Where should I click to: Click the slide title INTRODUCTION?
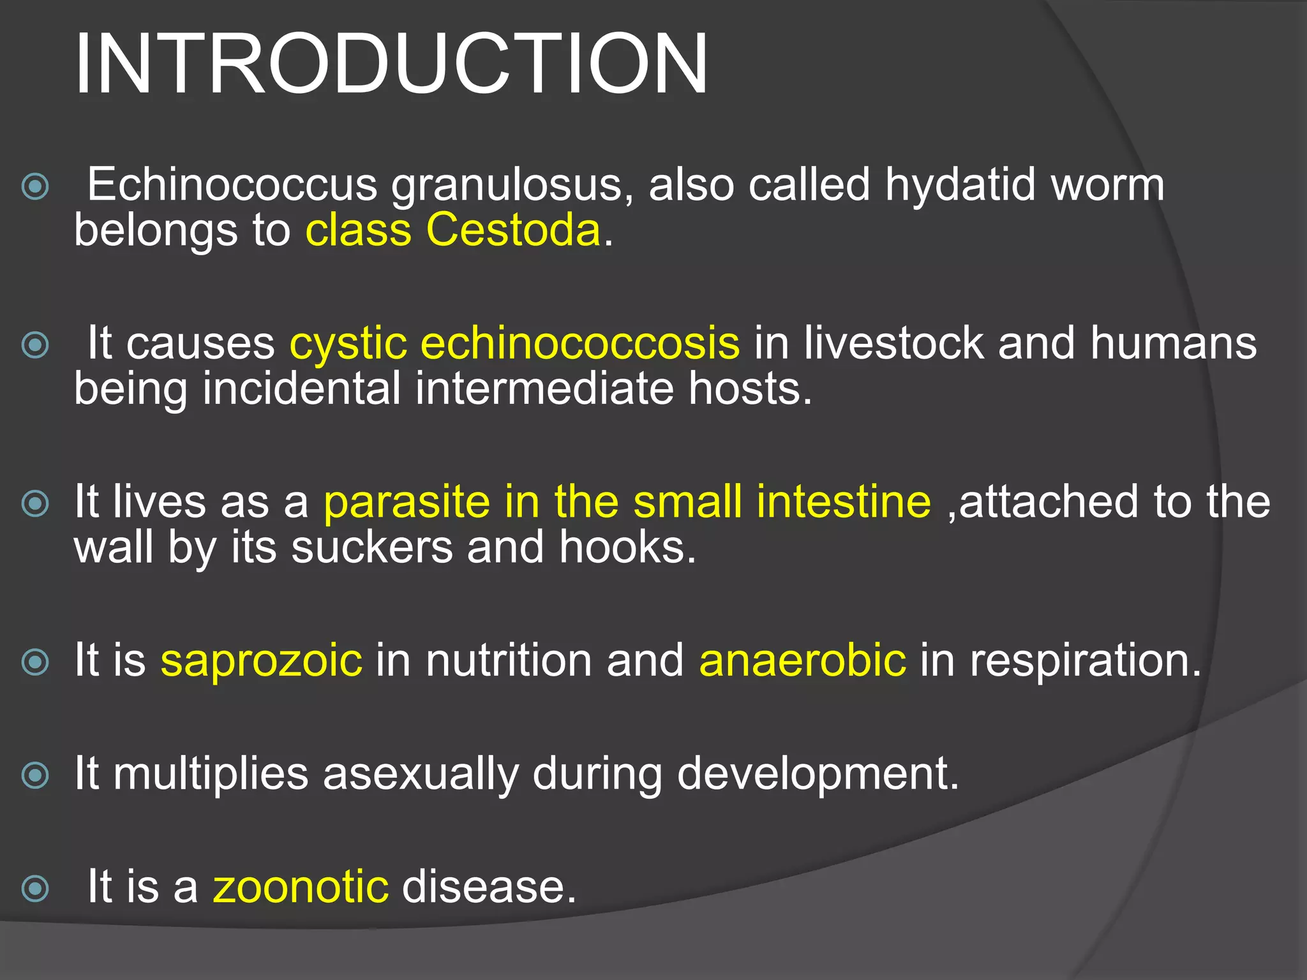click(x=391, y=64)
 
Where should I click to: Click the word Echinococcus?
click(x=232, y=185)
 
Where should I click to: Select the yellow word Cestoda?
click(x=513, y=230)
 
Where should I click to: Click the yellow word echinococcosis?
click(x=579, y=343)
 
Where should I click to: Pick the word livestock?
click(x=893, y=343)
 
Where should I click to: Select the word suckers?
click(x=371, y=547)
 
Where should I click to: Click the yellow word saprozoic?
click(x=261, y=660)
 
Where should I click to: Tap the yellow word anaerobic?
click(x=802, y=660)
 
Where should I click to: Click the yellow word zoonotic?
click(x=301, y=887)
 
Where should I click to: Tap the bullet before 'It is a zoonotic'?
click(x=35, y=888)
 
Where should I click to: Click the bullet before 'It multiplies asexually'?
click(x=35, y=775)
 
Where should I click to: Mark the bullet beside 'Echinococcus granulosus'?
click(x=35, y=187)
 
